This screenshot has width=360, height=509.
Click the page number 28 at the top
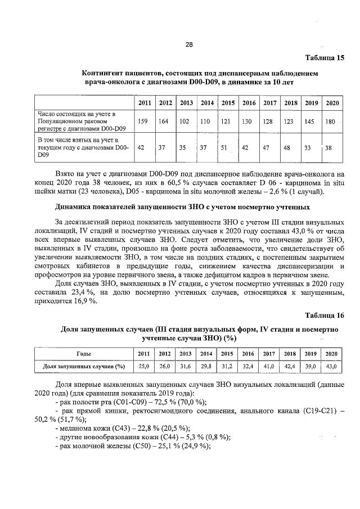tap(189, 45)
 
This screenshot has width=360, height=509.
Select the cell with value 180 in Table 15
tap(331, 121)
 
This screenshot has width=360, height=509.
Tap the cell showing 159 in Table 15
tap(142, 121)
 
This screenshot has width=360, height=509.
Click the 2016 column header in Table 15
tap(248, 103)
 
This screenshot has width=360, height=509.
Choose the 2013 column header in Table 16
tap(185, 354)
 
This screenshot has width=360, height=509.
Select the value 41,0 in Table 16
tap(269, 366)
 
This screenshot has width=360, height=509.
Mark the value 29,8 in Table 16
tap(206, 366)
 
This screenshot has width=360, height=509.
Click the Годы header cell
tap(84, 354)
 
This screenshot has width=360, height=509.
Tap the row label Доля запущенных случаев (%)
tap(84, 366)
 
